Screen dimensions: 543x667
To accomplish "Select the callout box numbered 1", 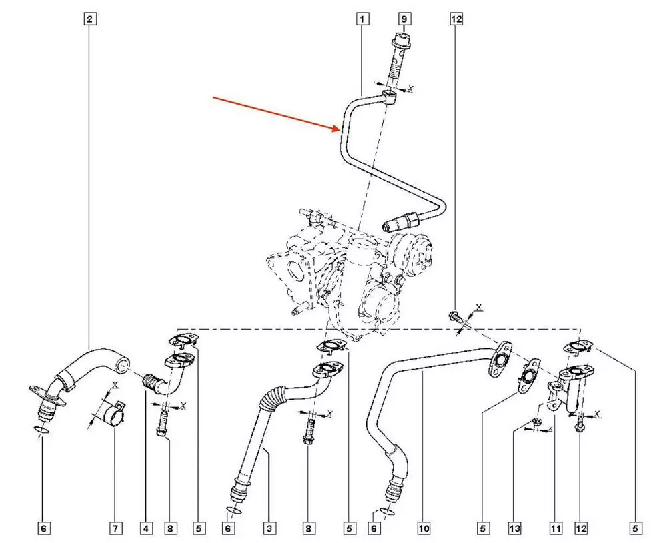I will pos(362,19).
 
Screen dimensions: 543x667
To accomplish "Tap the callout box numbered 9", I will pos(403,19).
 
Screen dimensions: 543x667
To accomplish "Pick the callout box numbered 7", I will pos(115,528).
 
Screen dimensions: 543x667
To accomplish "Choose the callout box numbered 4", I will pos(145,528).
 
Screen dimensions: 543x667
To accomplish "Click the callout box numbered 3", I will pos(269,528).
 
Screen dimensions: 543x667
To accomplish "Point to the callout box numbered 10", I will pos(424,528).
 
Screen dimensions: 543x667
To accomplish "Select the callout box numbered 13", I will pos(514,528).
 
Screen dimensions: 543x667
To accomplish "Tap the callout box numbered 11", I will pos(554,528).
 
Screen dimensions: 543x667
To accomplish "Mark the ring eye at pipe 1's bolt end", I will pos(392,98).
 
